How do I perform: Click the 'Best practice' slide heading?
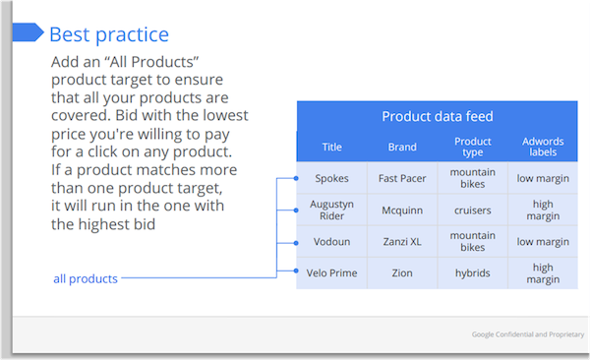[109, 34]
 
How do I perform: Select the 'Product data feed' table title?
[437, 116]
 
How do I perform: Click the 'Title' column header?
[332, 148]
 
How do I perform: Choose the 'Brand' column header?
[402, 148]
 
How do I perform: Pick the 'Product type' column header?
[473, 148]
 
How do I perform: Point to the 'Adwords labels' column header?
[543, 148]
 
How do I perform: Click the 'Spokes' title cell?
[332, 178]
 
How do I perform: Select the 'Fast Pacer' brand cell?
[402, 178]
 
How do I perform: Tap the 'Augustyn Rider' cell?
[332, 209]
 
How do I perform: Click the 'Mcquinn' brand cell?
[402, 209]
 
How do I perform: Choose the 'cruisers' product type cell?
[473, 209]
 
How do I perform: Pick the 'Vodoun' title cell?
[332, 242]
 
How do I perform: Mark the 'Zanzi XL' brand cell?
[402, 242]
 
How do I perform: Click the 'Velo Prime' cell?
[332, 272]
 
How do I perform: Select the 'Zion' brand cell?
[402, 272]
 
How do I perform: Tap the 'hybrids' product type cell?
[473, 272]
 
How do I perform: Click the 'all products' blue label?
[86, 278]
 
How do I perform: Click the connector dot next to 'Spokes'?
[297, 178]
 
